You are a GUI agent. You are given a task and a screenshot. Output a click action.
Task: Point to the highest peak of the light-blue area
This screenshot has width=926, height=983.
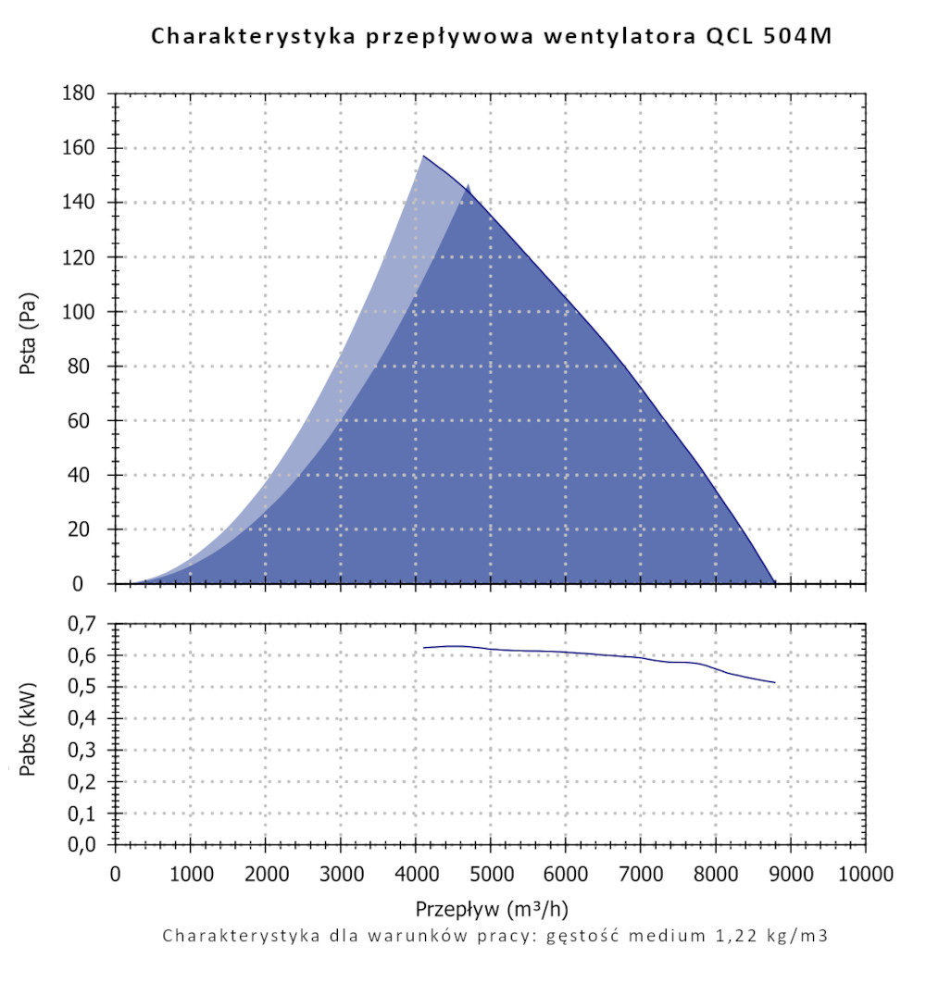(424, 156)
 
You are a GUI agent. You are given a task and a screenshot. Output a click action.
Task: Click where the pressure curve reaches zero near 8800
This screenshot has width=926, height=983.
(775, 583)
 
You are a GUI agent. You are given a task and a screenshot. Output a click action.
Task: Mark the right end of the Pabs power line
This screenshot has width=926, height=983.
(774, 682)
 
